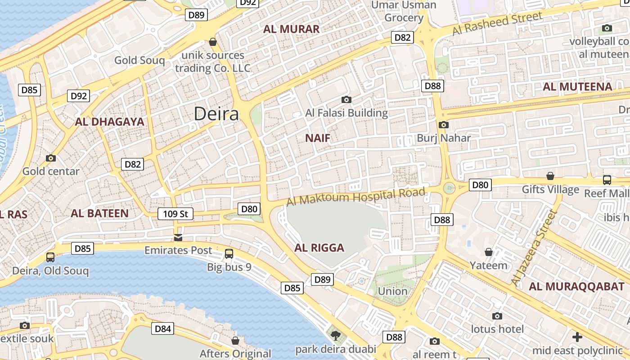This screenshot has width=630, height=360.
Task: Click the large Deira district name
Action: [216, 114]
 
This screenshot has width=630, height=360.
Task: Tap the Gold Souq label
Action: [139, 60]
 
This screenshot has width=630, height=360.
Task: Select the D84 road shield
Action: [162, 329]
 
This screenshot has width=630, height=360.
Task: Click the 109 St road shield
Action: [175, 214]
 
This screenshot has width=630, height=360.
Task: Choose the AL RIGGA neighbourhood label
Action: [319, 247]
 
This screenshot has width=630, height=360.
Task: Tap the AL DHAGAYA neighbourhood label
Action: [109, 121]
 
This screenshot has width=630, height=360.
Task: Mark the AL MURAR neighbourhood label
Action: [291, 29]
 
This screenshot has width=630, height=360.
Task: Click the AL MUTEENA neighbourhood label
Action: [577, 87]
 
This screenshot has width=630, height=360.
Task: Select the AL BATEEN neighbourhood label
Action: [99, 213]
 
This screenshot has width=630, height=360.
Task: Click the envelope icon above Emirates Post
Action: [178, 237]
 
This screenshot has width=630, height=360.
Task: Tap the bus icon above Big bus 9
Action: [229, 254]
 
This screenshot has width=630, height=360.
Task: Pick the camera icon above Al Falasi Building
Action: [346, 99]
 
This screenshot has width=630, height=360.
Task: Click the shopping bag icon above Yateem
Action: [489, 252]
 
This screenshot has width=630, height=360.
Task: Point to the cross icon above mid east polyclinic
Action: [577, 337]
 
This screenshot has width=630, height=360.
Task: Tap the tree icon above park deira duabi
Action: [336, 335]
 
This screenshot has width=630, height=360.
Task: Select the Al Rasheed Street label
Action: [497, 24]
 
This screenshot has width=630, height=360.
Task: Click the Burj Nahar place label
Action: [444, 138]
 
